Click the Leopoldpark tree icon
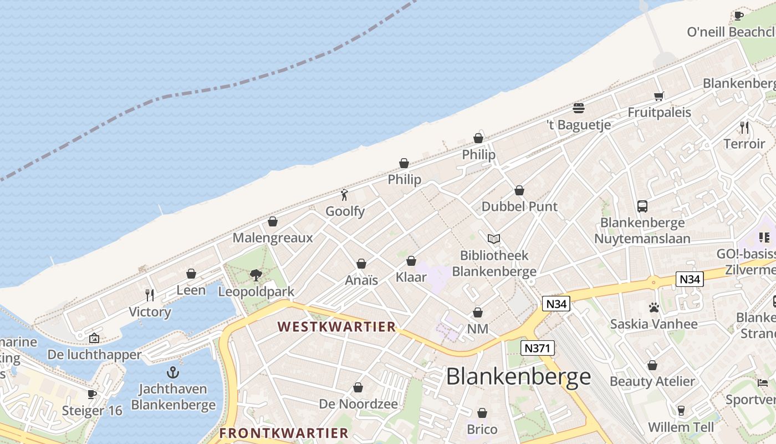(256, 275)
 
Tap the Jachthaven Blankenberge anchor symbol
(173, 372)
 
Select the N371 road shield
(538, 348)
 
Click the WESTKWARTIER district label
(337, 326)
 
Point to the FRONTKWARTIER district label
(284, 433)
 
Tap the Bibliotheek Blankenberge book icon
(493, 239)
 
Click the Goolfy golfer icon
(345, 195)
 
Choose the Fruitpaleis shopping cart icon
(658, 96)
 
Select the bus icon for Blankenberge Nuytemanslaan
(642, 206)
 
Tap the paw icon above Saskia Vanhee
(654, 307)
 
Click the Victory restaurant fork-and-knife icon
(149, 295)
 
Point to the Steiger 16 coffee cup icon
(91, 394)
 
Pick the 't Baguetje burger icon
(578, 108)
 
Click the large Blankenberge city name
(518, 377)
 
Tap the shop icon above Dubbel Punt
(519, 190)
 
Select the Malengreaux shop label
(273, 238)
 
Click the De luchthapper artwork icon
(94, 337)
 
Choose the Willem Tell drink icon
(681, 411)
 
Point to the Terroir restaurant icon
(744, 127)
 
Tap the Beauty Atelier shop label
(652, 381)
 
